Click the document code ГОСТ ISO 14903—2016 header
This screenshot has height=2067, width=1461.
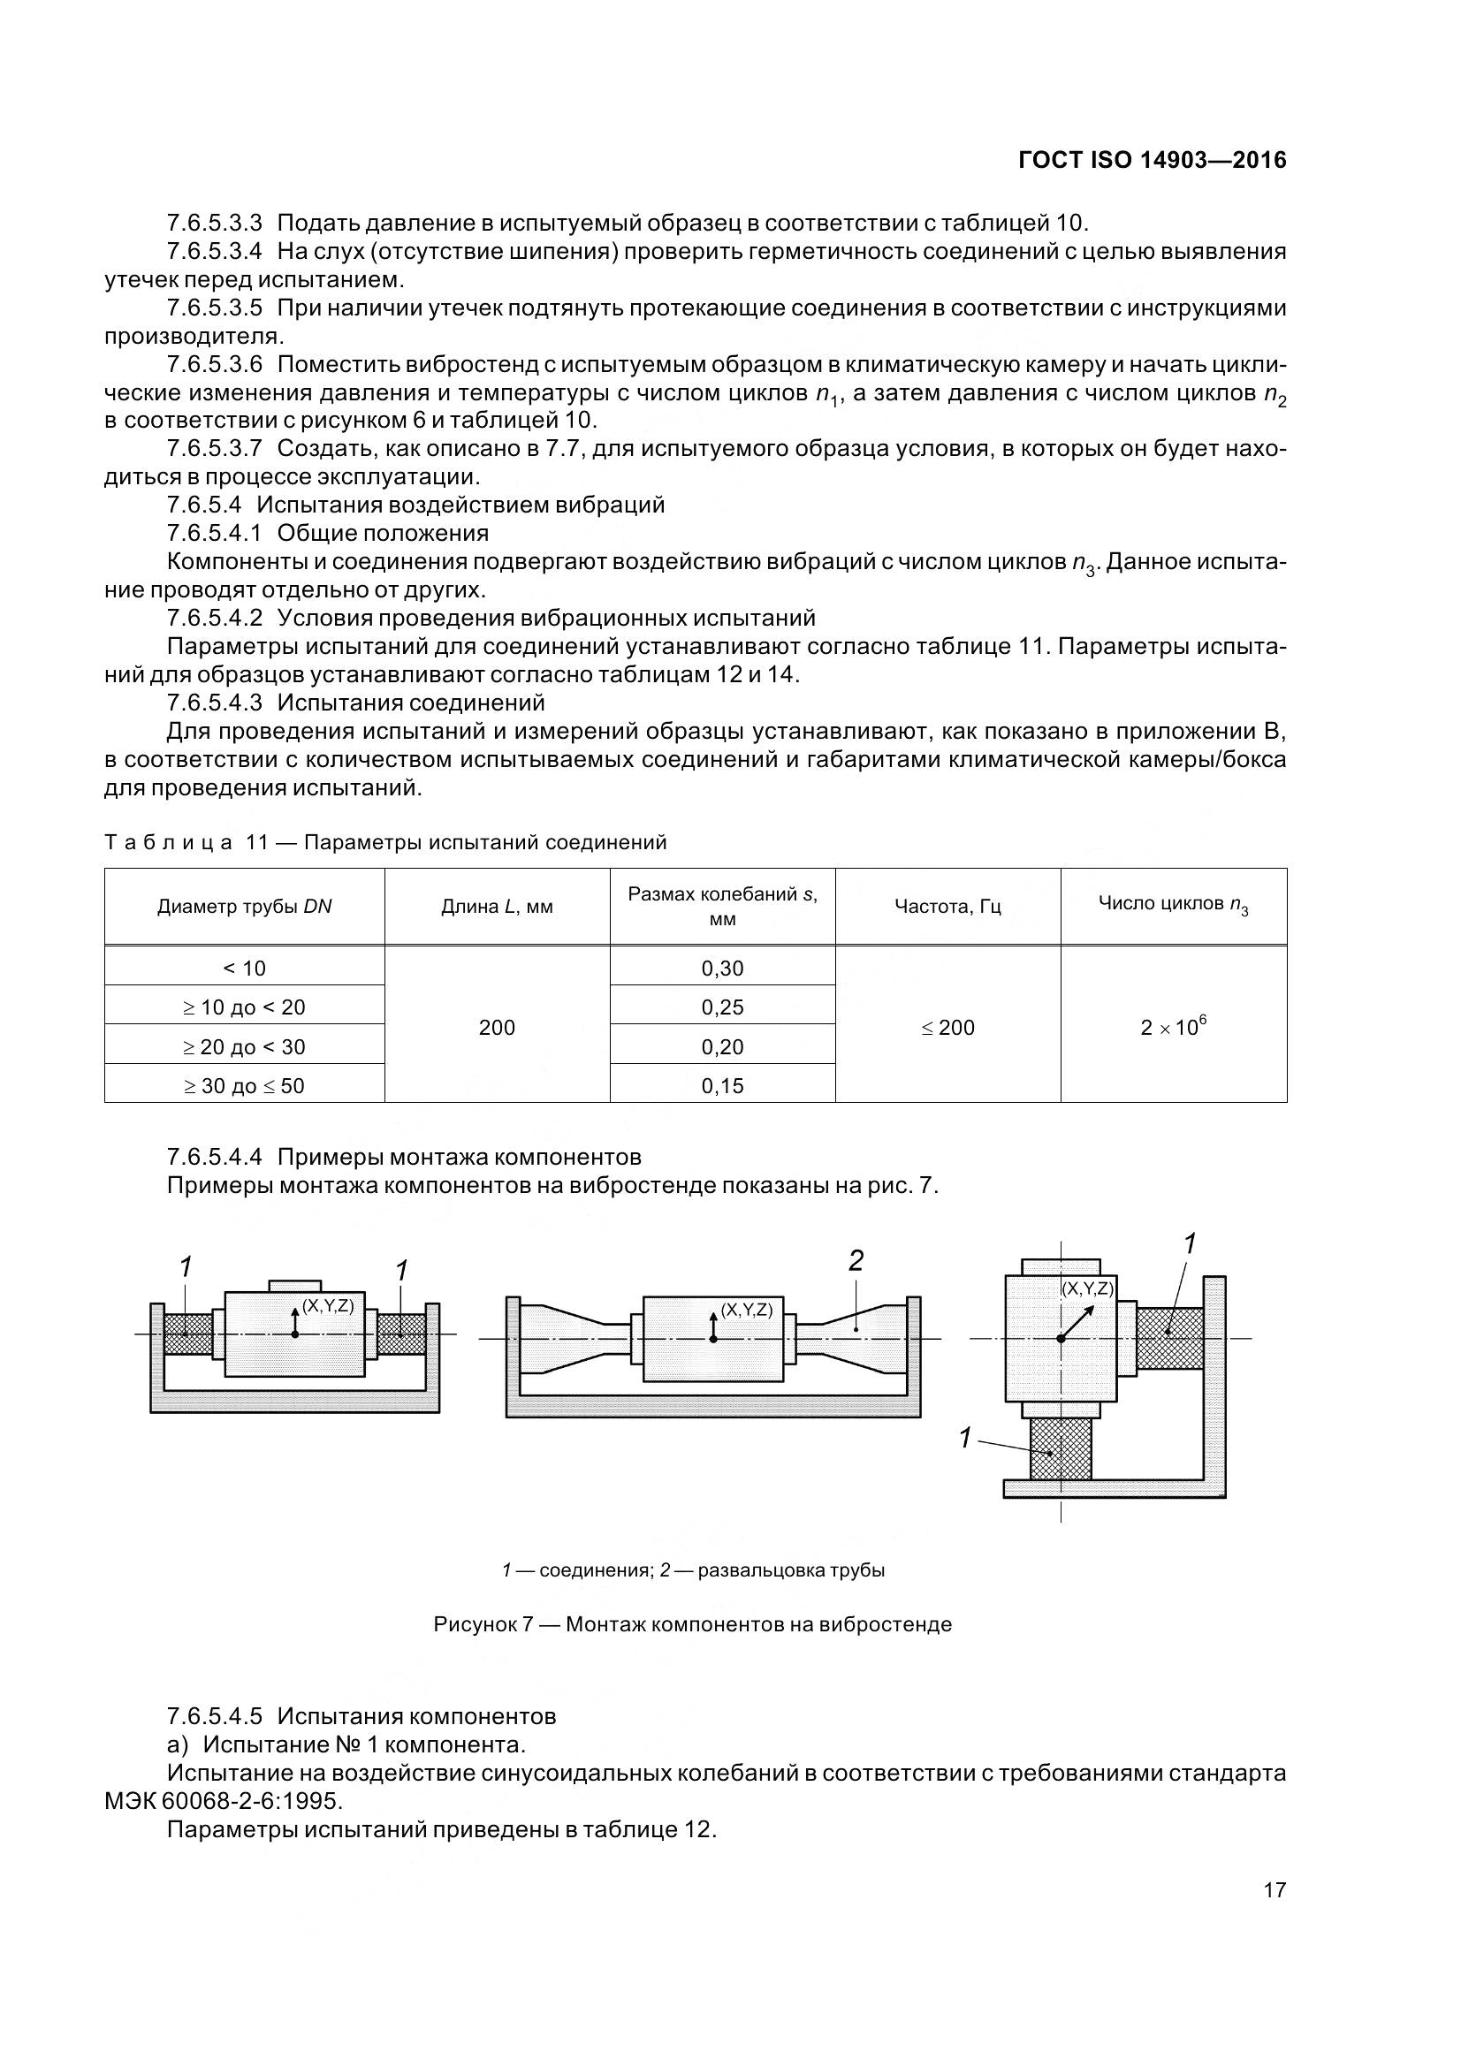(x=1153, y=161)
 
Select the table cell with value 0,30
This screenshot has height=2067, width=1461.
(x=722, y=968)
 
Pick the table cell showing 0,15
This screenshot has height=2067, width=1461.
(x=722, y=1086)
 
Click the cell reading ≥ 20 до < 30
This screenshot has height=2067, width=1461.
(x=244, y=1046)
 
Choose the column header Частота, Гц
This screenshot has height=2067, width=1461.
(x=947, y=907)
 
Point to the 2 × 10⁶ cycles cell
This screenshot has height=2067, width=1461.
(x=1173, y=1026)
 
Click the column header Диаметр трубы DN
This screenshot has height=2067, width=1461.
(x=244, y=907)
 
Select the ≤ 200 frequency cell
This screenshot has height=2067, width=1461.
(x=947, y=1027)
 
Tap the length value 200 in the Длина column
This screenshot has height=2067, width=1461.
(x=497, y=1027)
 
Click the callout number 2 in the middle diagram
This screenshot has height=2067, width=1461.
(x=856, y=1261)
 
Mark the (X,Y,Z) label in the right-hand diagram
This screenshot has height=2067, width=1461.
(x=1087, y=1288)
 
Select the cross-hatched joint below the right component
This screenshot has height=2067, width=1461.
(x=1061, y=1448)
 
